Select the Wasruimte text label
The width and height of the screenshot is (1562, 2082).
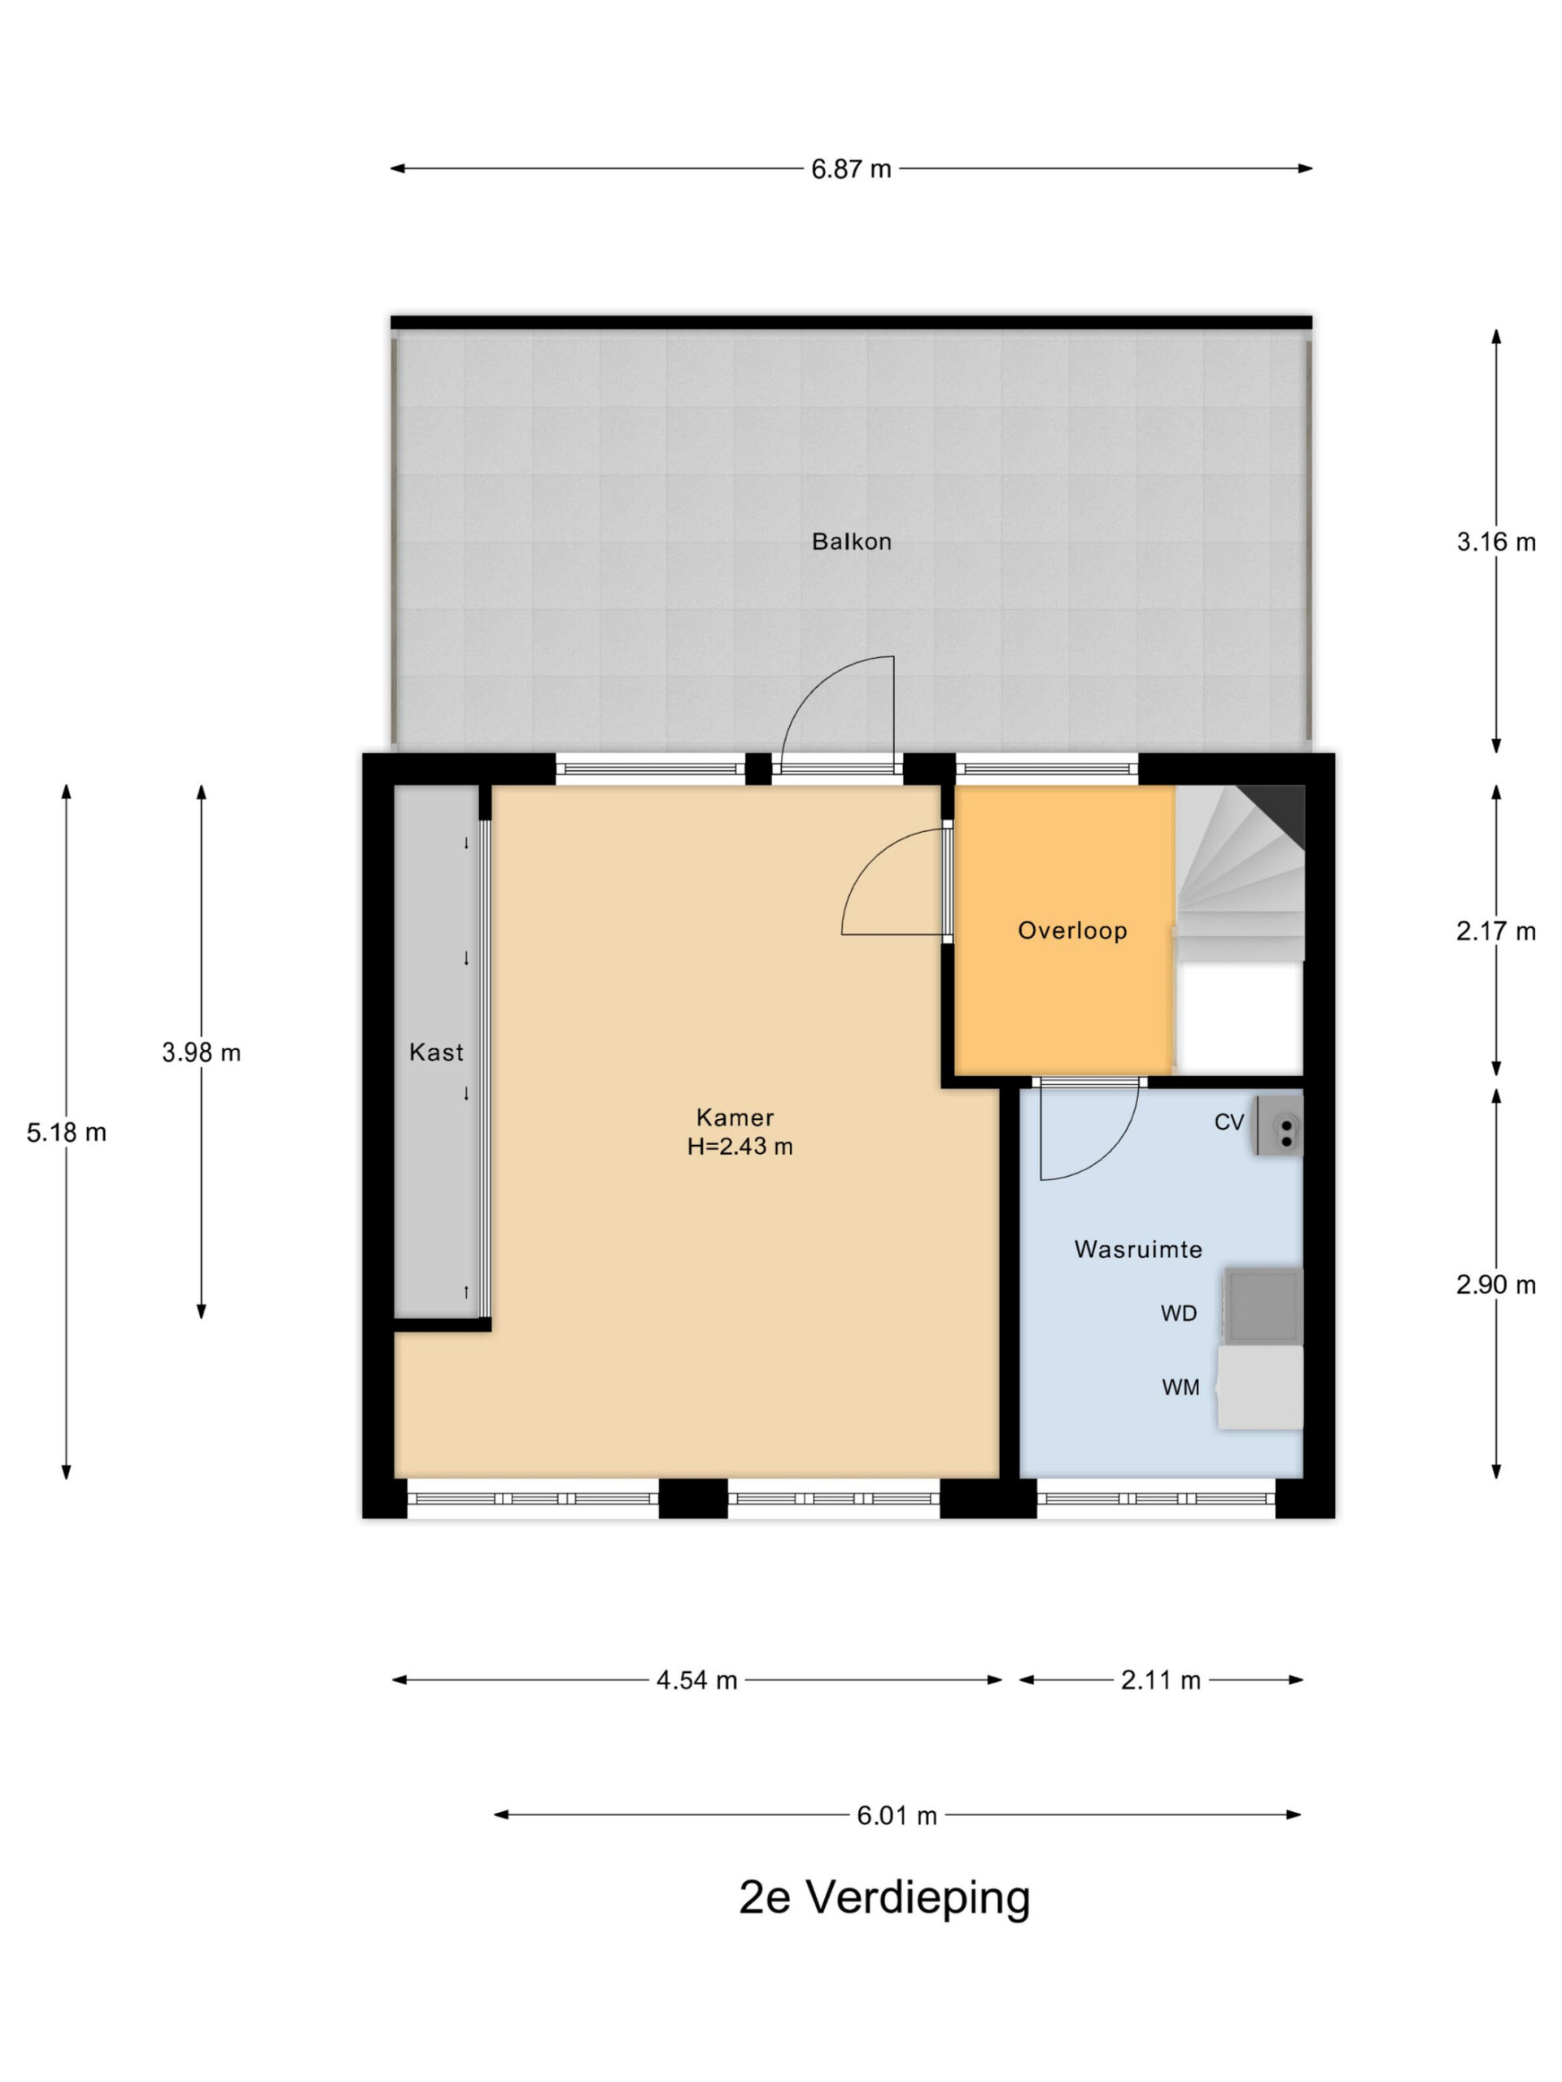pyautogui.click(x=1138, y=1249)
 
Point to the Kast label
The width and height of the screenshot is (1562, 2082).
pyautogui.click(x=436, y=1052)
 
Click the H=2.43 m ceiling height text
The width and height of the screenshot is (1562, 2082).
pyautogui.click(x=740, y=1147)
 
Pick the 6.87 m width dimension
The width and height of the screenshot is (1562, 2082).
pyautogui.click(x=851, y=169)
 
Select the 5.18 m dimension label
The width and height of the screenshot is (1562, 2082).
pyautogui.click(x=67, y=1132)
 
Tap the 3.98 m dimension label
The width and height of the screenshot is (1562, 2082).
pyautogui.click(x=202, y=1052)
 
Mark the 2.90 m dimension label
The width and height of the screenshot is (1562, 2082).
pyautogui.click(x=1496, y=1285)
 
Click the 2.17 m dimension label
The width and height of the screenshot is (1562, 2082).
pyautogui.click(x=1496, y=931)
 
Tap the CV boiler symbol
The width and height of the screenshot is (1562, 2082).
pyautogui.click(x=1277, y=1125)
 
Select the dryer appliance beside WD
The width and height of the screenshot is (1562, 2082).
pyautogui.click(x=1263, y=1306)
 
